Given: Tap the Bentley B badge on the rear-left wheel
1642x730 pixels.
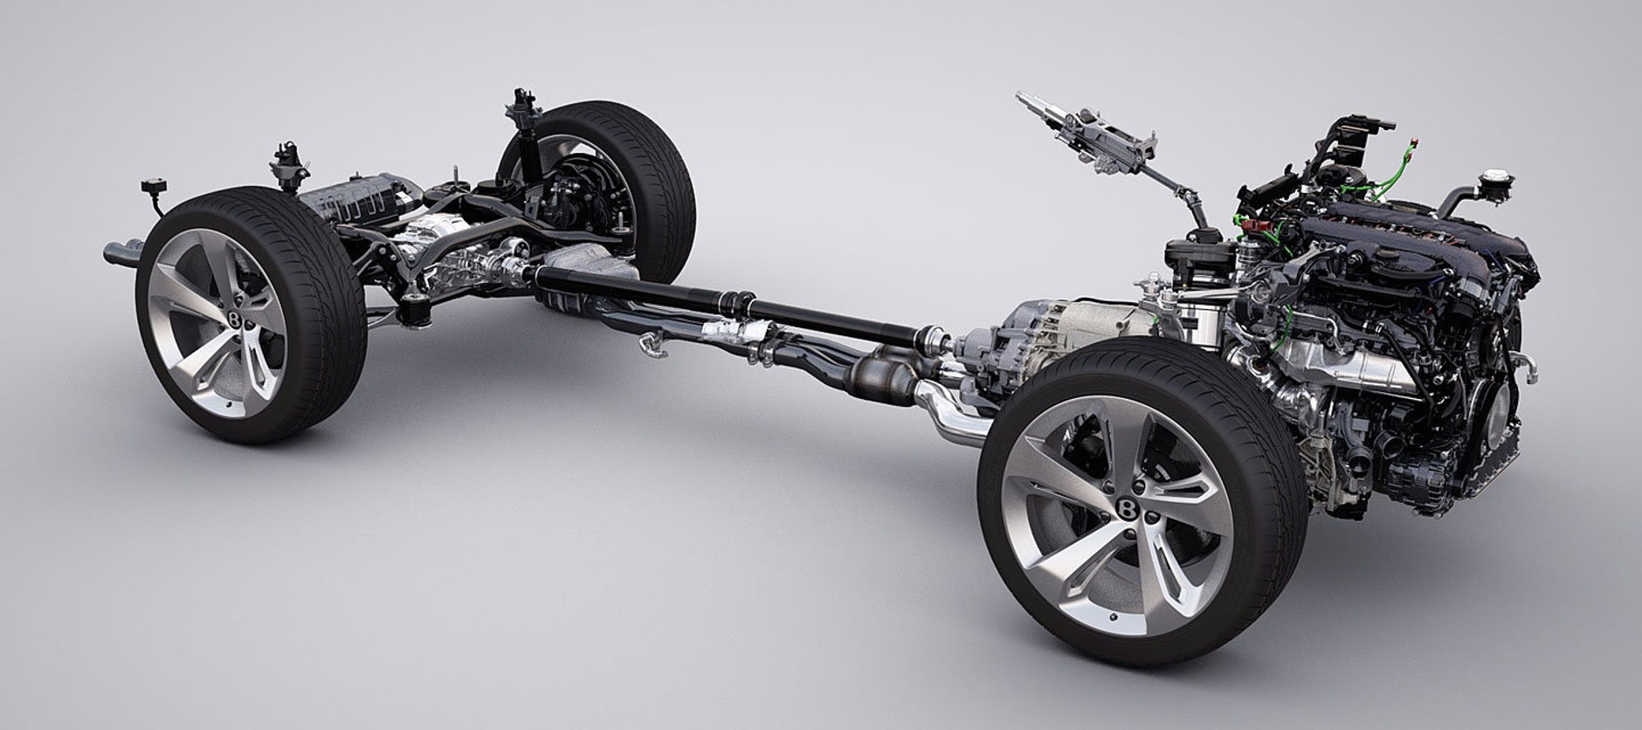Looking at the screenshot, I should click(236, 320).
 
